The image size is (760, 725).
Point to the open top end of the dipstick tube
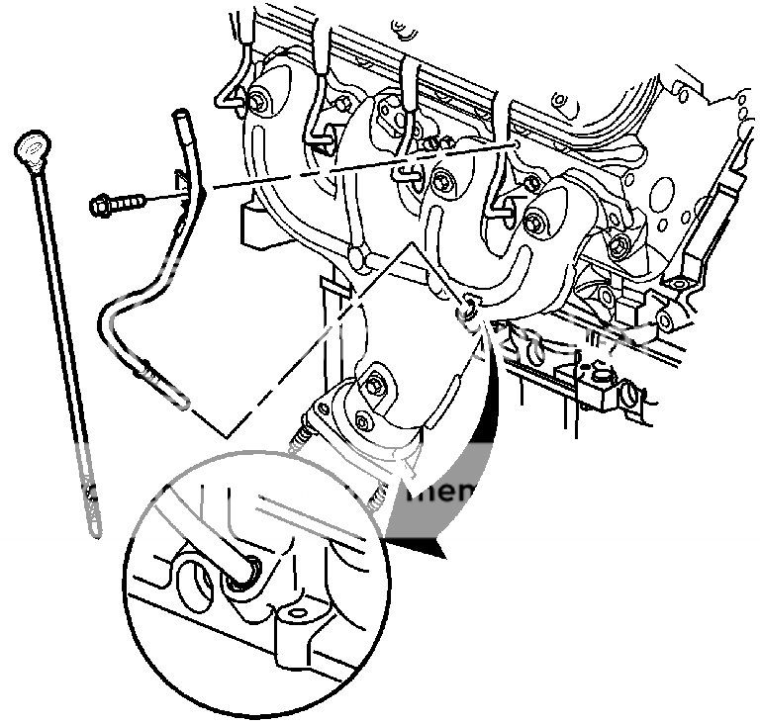coord(180,116)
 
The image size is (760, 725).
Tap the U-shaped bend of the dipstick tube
coord(108,326)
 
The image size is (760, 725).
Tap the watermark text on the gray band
coord(440,492)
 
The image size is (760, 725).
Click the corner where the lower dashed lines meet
coord(227,436)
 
